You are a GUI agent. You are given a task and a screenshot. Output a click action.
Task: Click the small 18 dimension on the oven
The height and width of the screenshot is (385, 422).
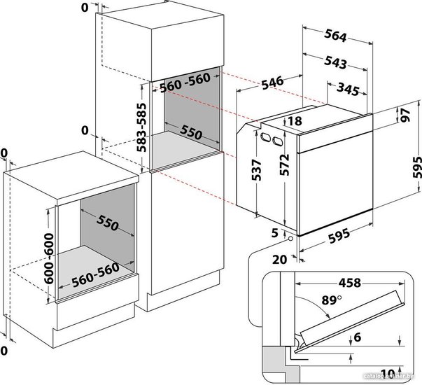tap(294, 122)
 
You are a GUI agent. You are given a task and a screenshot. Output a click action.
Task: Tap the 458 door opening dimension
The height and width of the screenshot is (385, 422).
tap(348, 283)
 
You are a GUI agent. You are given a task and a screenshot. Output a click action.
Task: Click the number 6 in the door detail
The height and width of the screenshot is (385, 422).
tap(358, 338)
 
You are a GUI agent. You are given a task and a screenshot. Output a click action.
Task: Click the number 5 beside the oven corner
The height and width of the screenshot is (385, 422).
tap(275, 233)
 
